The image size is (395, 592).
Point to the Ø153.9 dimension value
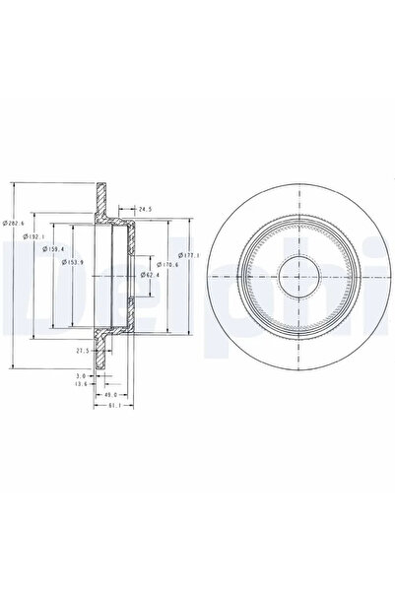coord(69,263)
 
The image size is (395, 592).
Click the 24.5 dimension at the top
coord(145,210)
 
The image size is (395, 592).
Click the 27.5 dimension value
coord(82,350)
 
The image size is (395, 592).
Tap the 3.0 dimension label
coord(82,375)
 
